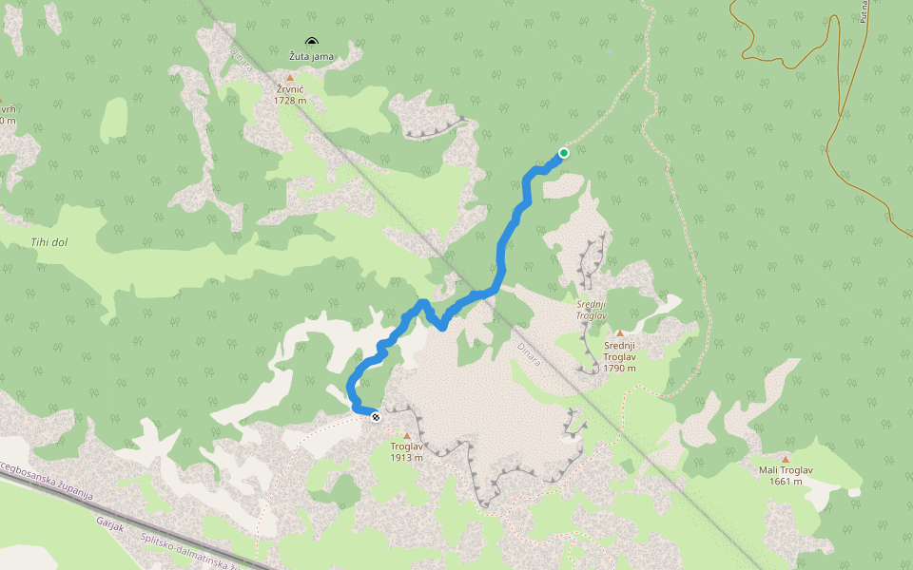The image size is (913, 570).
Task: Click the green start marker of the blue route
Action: tap(564, 153)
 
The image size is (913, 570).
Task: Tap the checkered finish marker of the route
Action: tap(376, 416)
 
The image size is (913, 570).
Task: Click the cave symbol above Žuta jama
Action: tap(311, 42)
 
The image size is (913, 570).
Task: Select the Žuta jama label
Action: tap(312, 56)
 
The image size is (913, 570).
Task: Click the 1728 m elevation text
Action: tap(290, 100)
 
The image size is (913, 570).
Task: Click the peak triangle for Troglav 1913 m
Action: tap(407, 435)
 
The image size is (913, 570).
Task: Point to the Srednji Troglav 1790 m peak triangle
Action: tap(619, 333)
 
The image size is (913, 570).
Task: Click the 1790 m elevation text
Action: tap(619, 368)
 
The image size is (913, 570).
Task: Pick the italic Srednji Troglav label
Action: tap(591, 310)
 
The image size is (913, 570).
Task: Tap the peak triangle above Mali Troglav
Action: tap(786, 459)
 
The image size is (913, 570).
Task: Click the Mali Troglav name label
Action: tap(786, 469)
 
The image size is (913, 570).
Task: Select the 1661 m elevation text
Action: tap(786, 481)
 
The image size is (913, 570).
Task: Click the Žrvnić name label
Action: tap(290, 88)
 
